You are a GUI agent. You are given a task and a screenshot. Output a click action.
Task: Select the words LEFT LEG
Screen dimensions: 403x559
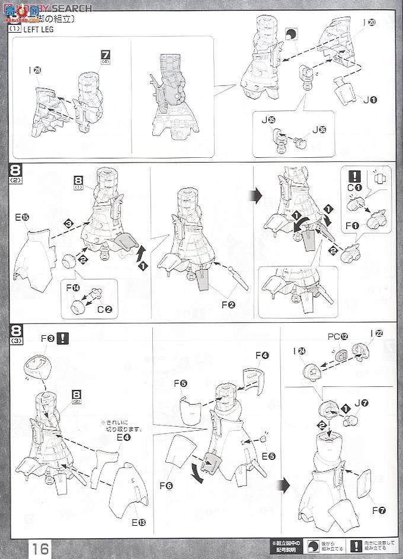pos(39,30)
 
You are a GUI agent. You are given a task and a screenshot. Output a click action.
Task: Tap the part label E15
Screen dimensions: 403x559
pos(22,218)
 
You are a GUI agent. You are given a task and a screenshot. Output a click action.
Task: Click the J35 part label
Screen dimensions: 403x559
pos(271,120)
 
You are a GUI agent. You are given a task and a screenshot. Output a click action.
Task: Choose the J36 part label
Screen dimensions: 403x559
pos(319,129)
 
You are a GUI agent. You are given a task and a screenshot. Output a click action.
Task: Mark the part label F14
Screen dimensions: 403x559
pos(73,288)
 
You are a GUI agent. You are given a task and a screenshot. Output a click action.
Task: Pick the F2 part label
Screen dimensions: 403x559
pos(228,306)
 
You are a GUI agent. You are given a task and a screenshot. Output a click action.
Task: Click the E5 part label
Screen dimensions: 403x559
pos(270,456)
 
